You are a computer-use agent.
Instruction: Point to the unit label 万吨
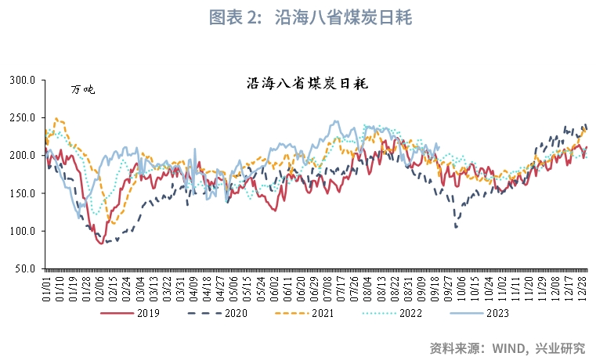[82, 90]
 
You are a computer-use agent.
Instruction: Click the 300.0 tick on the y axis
[23, 80]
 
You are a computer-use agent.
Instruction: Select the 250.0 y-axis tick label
[23, 117]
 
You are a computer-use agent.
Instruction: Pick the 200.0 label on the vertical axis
[23, 156]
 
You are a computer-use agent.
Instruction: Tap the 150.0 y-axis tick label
[23, 193]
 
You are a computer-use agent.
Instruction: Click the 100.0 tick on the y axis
[23, 231]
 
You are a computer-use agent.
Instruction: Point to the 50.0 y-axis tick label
[26, 268]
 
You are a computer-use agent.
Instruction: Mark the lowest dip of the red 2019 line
[102, 243]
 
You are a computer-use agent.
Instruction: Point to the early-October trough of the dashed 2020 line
[456, 228]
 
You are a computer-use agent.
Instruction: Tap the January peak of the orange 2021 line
[56, 119]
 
